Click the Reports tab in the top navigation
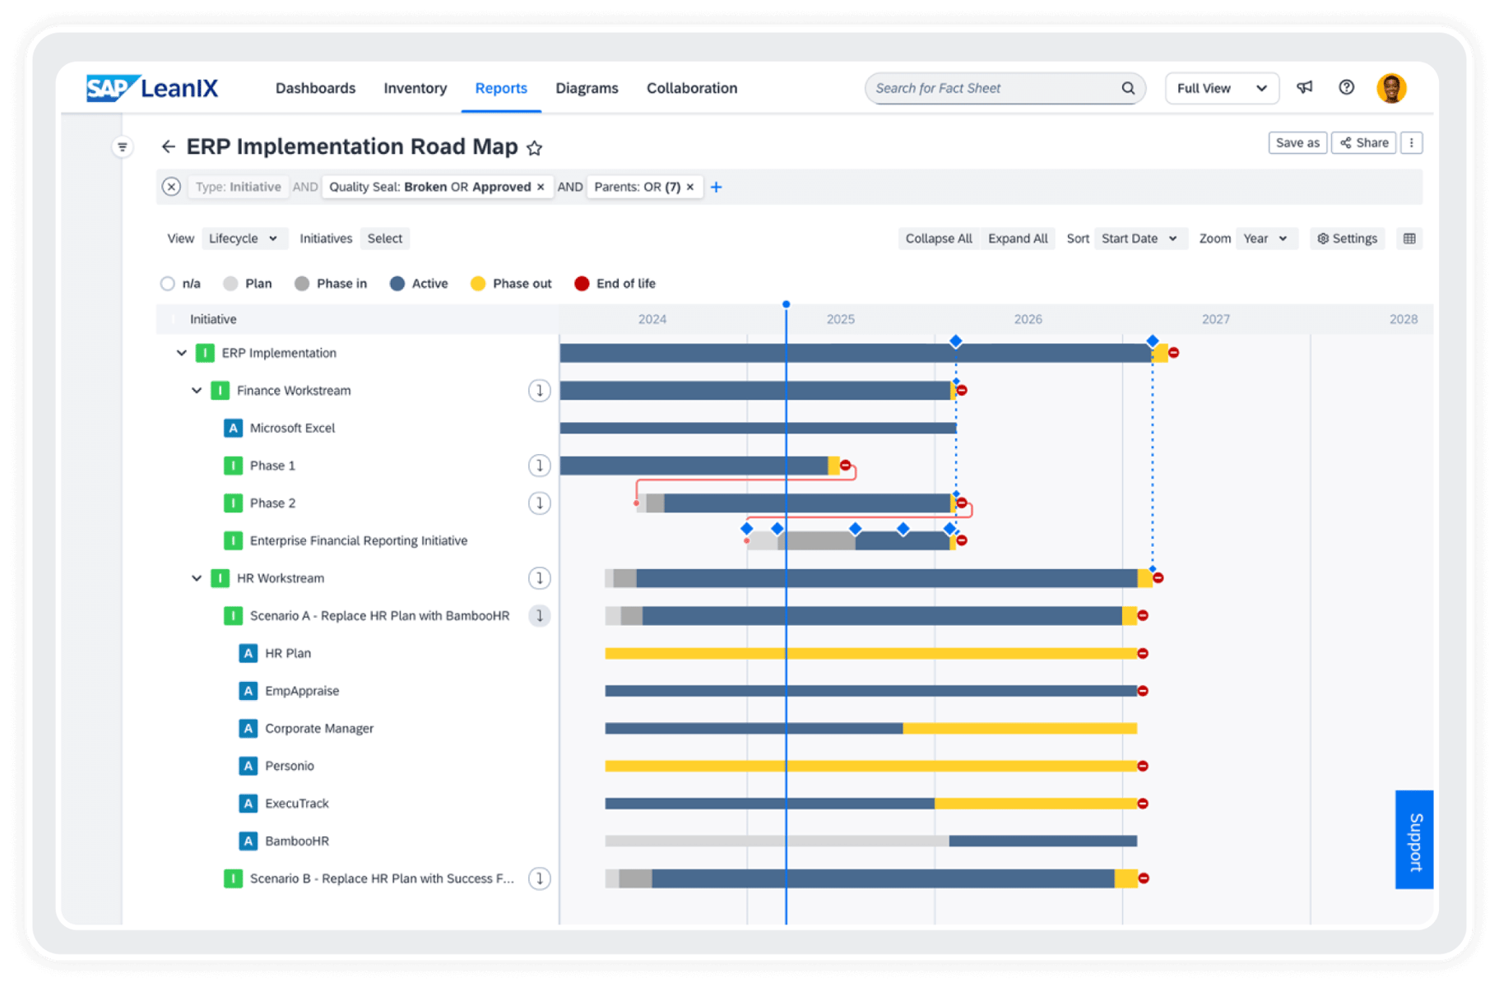pos(500,88)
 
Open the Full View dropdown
pos(1221,88)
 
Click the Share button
pos(1363,142)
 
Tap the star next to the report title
pos(534,148)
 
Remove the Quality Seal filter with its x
pos(541,187)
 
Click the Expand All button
pos(1017,239)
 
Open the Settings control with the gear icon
pos(1347,239)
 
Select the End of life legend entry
pos(615,284)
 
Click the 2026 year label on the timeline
pos(1028,319)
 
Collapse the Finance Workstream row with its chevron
pos(197,391)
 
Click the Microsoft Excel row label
pos(292,428)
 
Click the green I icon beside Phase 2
pos(233,503)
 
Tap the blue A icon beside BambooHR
pos(248,841)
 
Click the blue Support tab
pos(1413,840)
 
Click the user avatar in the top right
pos(1390,88)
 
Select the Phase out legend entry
pos(511,284)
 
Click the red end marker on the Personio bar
pos(1143,766)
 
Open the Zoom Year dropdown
pos(1265,239)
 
